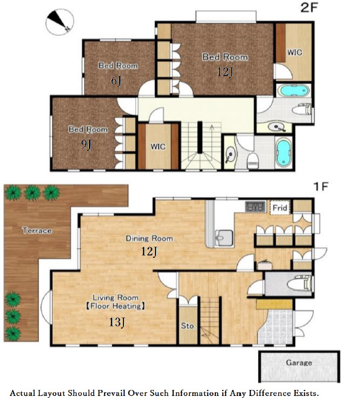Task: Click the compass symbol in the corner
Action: [60, 22]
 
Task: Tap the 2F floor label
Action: [309, 8]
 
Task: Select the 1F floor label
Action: [321, 186]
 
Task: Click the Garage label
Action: [299, 363]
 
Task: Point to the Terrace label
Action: [37, 230]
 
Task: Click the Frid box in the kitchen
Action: [280, 207]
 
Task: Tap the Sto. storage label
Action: [188, 326]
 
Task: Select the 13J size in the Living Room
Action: [117, 322]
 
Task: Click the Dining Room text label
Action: [149, 238]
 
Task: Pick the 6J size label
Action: [116, 81]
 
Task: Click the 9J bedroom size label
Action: [86, 145]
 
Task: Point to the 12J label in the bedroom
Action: [225, 72]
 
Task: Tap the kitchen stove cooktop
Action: [255, 207]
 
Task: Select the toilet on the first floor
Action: [299, 284]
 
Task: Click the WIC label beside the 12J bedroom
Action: [294, 53]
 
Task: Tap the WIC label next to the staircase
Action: [158, 147]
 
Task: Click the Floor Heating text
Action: [116, 306]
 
